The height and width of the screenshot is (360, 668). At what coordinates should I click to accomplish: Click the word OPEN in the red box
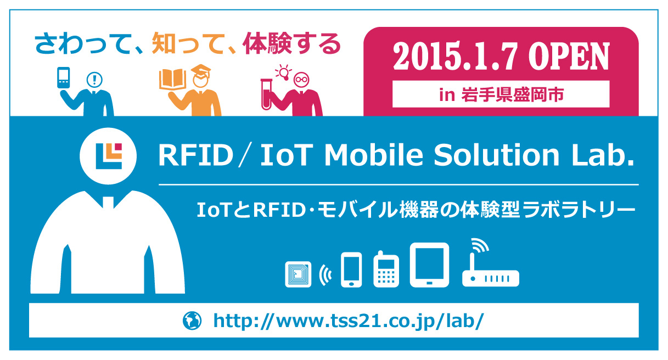pyautogui.click(x=569, y=57)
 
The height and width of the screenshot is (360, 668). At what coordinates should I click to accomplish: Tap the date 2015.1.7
pyautogui.click(x=455, y=57)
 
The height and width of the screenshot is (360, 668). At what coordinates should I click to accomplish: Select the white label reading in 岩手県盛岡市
pyautogui.click(x=501, y=94)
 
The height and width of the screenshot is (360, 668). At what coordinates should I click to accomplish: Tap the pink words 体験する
pyautogui.click(x=291, y=43)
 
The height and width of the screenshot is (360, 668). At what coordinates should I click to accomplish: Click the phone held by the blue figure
pyautogui.click(x=64, y=77)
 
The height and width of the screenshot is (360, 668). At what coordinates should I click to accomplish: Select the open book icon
pyautogui.click(x=173, y=79)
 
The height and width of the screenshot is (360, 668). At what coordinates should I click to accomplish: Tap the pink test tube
pyautogui.click(x=266, y=94)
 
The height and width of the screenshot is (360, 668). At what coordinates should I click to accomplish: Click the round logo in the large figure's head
pyautogui.click(x=108, y=156)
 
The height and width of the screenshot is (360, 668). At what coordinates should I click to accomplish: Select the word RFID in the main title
pyautogui.click(x=195, y=155)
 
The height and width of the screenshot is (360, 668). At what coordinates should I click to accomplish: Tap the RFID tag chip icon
pyautogui.click(x=298, y=274)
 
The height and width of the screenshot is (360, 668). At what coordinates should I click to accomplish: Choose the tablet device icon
pyautogui.click(x=429, y=265)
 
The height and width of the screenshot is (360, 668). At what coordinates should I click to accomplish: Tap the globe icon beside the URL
pyautogui.click(x=192, y=320)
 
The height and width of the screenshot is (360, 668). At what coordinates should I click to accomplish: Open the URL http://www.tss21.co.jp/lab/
pyautogui.click(x=349, y=321)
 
